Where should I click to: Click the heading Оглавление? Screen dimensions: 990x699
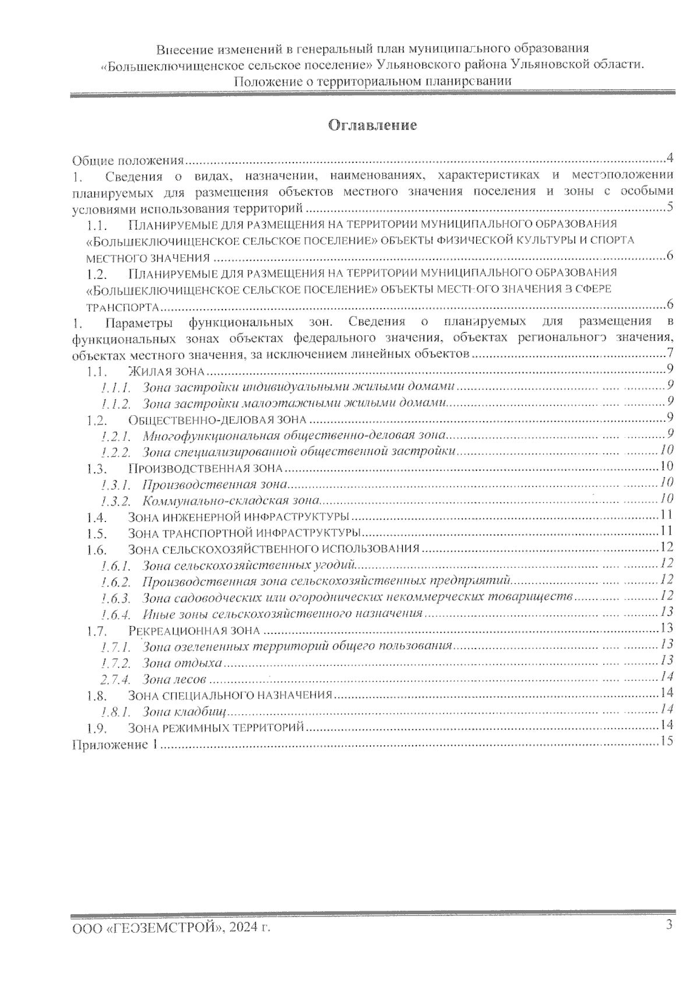click(x=373, y=125)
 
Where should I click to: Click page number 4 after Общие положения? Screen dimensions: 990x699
click(x=670, y=158)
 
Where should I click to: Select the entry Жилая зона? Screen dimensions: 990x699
click(x=166, y=371)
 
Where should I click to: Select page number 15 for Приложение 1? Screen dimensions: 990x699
click(x=667, y=741)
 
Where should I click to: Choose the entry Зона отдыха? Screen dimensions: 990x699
click(x=182, y=663)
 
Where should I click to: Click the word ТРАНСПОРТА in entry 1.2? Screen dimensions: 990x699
click(x=122, y=307)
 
